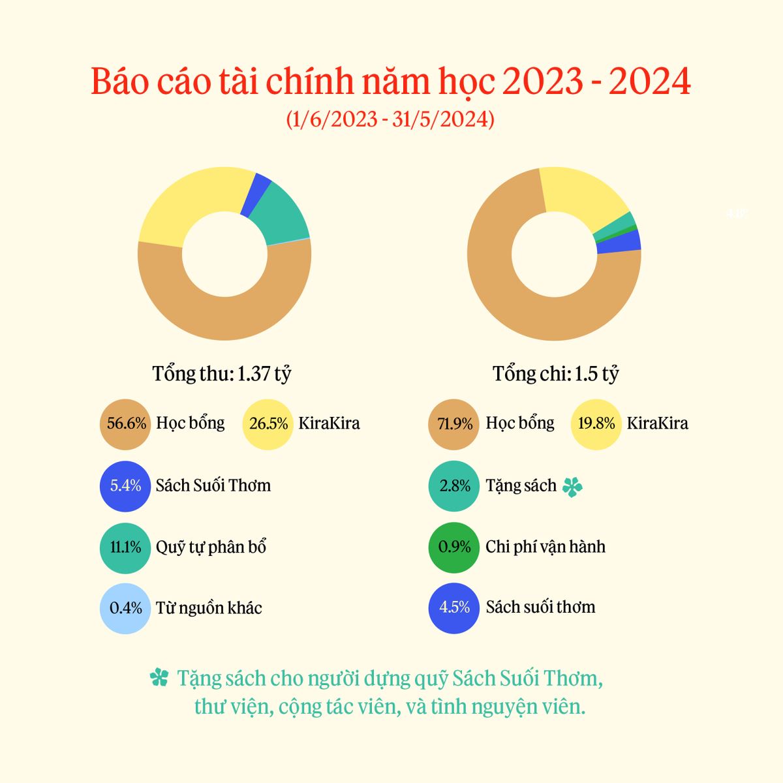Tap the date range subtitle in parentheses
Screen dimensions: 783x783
click(390, 119)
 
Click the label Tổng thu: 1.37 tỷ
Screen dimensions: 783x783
click(222, 374)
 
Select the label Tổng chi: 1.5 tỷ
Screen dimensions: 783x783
click(555, 374)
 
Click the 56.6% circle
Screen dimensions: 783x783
click(125, 423)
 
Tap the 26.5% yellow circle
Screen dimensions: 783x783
click(268, 423)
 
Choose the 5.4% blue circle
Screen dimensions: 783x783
click(125, 485)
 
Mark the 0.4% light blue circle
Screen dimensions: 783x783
click(125, 608)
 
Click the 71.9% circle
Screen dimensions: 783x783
click(454, 424)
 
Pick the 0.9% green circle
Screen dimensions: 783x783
click(454, 547)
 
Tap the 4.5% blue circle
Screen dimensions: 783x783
click(454, 607)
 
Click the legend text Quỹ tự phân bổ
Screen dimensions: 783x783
click(211, 547)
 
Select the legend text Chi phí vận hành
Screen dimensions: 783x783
click(545, 546)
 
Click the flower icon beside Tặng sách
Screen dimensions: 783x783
click(572, 487)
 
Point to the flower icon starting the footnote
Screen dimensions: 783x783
click(159, 679)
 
